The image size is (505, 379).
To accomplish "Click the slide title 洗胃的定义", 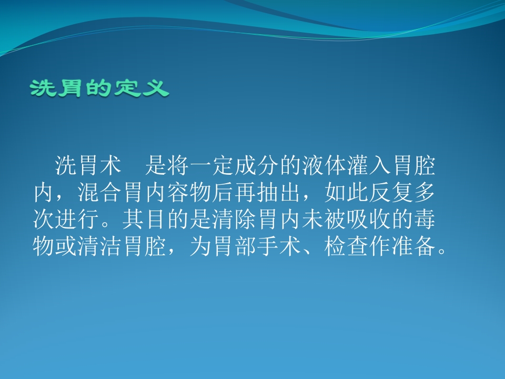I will pyautogui.click(x=100, y=88).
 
